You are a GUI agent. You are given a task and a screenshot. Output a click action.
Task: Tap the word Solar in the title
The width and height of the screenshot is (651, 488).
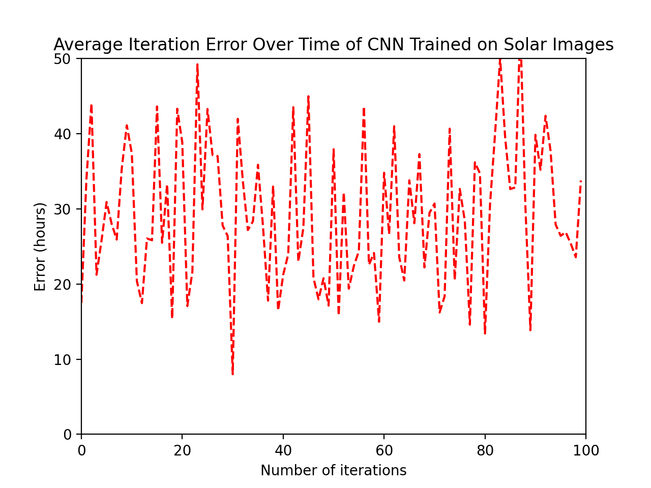pos(523,45)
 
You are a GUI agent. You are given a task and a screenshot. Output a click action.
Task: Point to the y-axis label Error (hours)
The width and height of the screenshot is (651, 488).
pos(40,247)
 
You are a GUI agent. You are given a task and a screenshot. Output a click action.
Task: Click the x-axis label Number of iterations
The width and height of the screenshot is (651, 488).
pos(333,471)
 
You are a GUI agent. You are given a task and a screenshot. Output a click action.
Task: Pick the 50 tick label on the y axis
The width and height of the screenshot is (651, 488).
pos(66,58)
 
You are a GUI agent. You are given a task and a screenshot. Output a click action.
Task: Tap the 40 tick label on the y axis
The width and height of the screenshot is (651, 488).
pos(66,134)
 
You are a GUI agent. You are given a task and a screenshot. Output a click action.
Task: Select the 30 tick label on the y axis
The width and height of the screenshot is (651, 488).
pos(66,209)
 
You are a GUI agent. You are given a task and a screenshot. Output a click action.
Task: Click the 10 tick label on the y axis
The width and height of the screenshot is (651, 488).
pos(66,359)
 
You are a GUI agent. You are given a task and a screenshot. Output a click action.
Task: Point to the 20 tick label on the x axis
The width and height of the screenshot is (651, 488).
pos(182,450)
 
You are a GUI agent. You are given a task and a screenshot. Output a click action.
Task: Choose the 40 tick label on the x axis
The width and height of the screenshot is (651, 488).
pos(283,450)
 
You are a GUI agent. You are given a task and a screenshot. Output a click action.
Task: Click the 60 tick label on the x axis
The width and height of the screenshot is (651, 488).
pos(384,450)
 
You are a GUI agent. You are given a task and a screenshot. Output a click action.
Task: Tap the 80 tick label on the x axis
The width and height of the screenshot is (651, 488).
pos(485,450)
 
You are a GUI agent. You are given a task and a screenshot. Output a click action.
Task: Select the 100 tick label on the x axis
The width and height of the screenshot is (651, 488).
pos(585,450)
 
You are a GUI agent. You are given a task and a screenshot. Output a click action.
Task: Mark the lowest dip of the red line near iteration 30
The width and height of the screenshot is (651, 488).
pos(232,374)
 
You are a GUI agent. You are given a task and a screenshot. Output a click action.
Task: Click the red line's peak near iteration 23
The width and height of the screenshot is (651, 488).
pos(197,64)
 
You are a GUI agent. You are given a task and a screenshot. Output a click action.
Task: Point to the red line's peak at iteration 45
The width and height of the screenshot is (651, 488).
pos(308,96)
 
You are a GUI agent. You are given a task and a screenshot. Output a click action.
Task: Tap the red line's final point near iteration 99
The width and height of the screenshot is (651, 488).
pos(581,181)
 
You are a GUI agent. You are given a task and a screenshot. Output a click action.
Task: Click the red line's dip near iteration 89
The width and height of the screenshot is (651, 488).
pos(530,330)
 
